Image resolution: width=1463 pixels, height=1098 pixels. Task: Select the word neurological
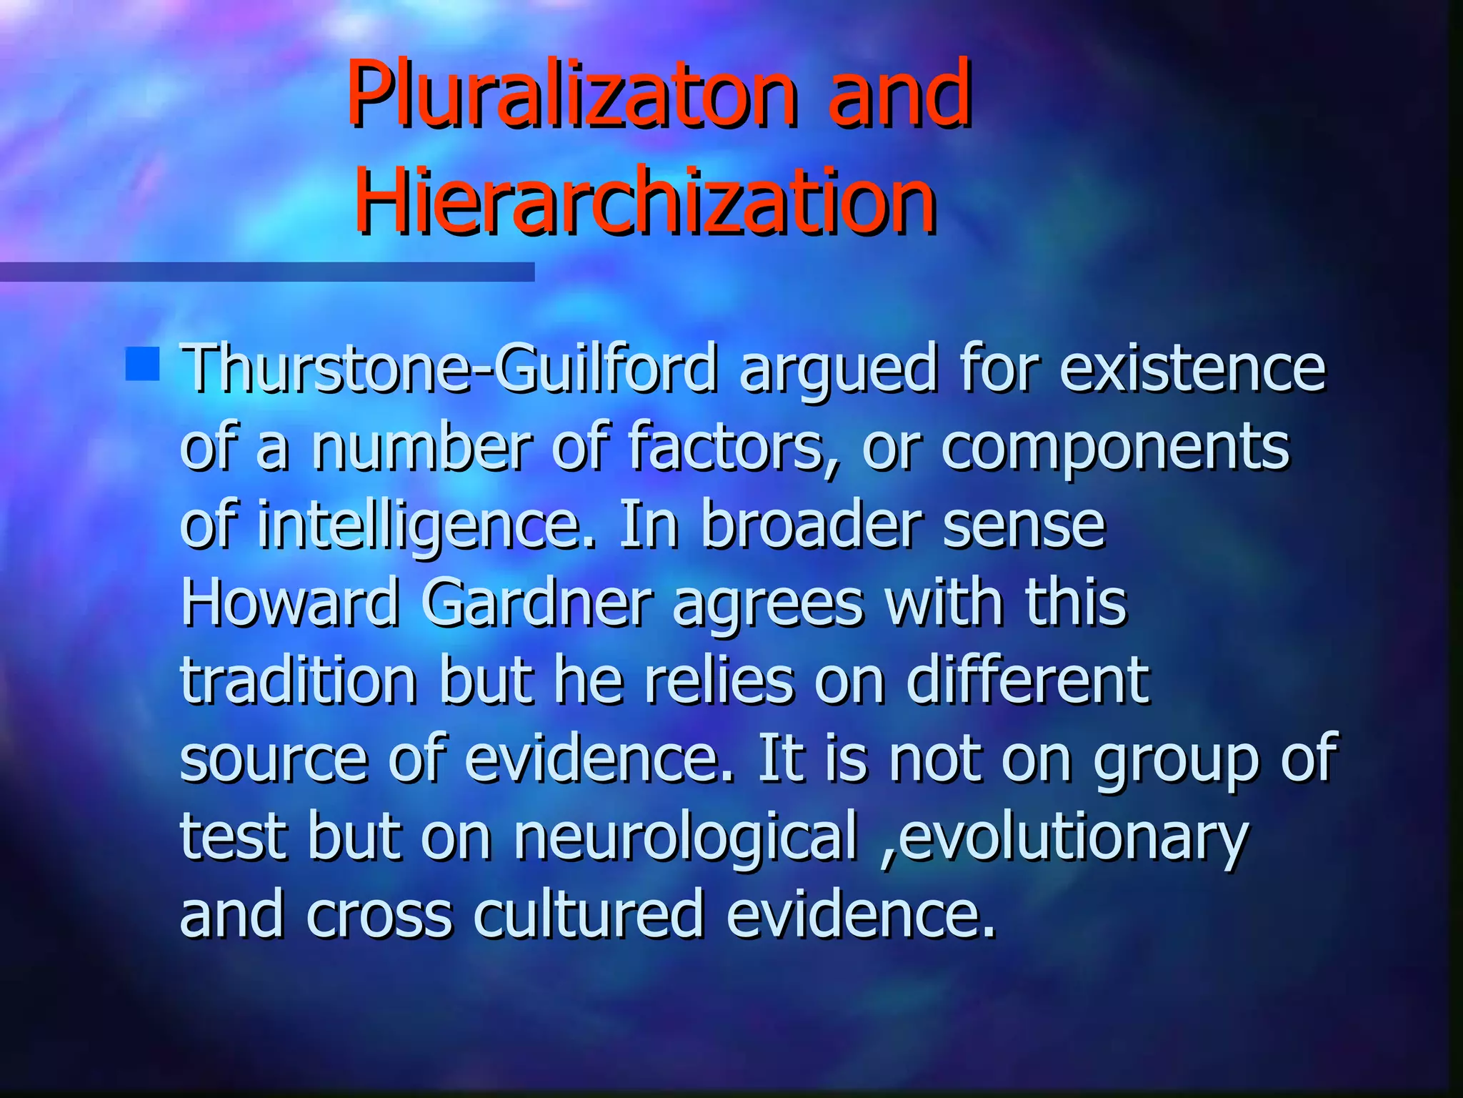pyautogui.click(x=685, y=838)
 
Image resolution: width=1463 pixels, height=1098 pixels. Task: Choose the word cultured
pyautogui.click(x=588, y=914)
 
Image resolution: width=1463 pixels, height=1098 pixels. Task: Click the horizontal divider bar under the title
pyautogui.click(x=266, y=272)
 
